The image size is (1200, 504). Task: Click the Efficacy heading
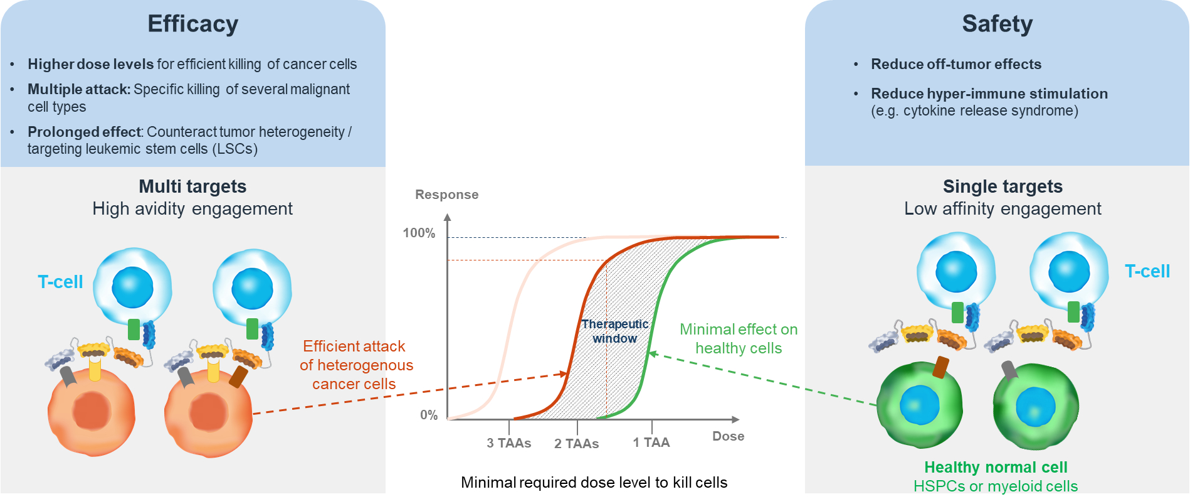192,24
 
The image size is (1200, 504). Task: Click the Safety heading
997,24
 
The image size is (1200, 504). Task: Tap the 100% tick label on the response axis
419,233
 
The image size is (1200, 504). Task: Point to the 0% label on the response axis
429,415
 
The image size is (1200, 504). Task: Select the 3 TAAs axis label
508,443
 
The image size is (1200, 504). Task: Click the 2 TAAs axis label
576,444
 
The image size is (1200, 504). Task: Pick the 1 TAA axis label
651,442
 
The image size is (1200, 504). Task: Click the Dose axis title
728,436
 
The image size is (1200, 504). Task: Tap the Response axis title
446,195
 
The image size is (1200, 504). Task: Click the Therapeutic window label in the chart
614,331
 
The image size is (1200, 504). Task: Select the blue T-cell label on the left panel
60,282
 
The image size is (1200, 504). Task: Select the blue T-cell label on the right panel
1147,271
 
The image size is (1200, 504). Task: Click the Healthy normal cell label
996,467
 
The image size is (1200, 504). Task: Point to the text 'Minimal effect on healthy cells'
739,338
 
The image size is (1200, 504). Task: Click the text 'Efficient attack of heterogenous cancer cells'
355,365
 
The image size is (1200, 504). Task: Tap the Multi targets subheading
192,186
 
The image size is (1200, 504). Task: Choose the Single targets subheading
1003,186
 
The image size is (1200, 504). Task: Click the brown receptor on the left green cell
940,367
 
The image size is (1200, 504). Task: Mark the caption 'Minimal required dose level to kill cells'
594,482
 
